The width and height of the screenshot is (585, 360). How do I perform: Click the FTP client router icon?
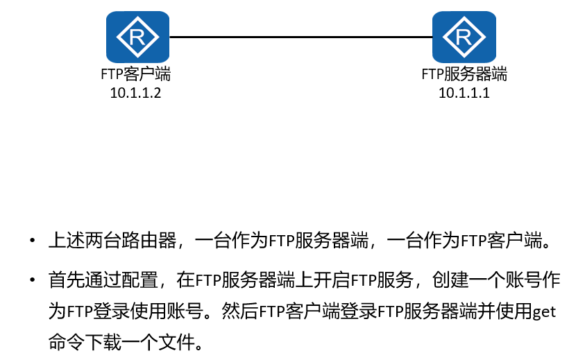[137, 37]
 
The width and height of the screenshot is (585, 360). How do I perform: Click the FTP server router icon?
[464, 37]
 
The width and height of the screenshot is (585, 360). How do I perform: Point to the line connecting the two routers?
[300, 37]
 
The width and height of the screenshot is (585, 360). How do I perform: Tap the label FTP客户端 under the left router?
[136, 74]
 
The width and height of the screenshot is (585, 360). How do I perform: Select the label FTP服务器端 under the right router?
[464, 74]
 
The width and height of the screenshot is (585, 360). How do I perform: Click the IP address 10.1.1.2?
[135, 93]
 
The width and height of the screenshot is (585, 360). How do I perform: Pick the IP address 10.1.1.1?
[464, 93]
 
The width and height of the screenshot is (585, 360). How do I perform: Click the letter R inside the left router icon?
[137, 37]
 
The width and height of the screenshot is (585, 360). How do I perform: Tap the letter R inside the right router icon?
[464, 37]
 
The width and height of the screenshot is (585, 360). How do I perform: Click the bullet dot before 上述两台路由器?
[33, 240]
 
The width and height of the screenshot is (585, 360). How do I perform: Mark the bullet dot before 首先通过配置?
[33, 280]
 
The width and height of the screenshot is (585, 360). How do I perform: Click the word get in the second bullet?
[544, 311]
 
